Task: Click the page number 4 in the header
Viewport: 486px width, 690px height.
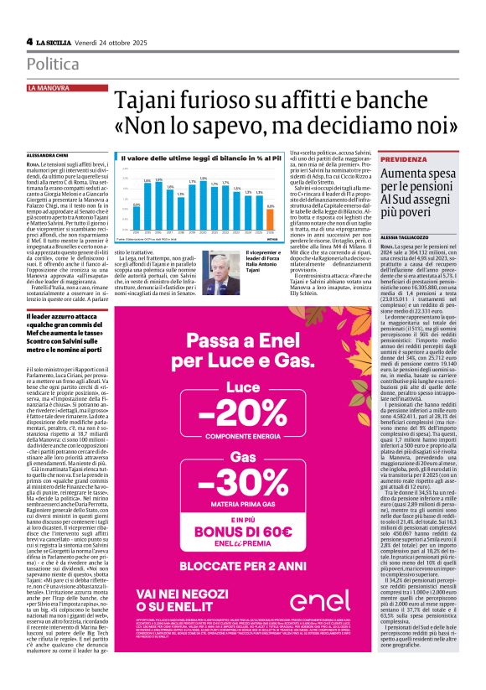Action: click(x=29, y=42)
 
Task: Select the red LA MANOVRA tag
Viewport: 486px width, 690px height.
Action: click(x=49, y=87)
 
